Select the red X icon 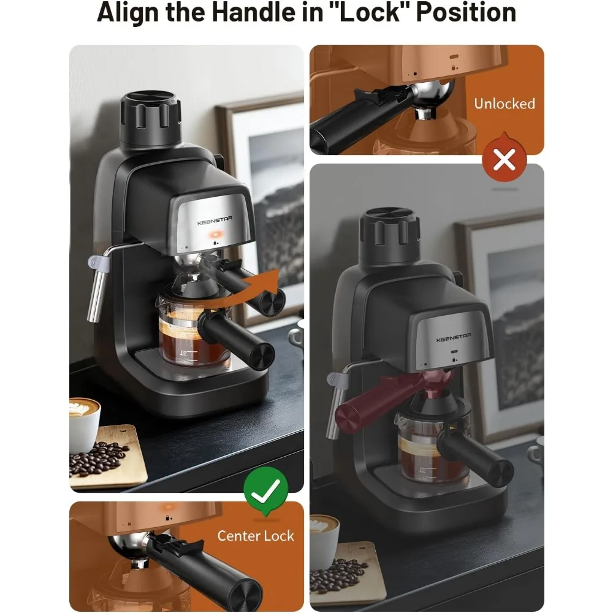pyautogui.click(x=504, y=161)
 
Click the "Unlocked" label pyautogui.click(x=504, y=104)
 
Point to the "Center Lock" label pyautogui.click(x=256, y=536)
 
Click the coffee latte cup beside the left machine pyautogui.click(x=84, y=423)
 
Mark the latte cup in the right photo pyautogui.click(x=324, y=539)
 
